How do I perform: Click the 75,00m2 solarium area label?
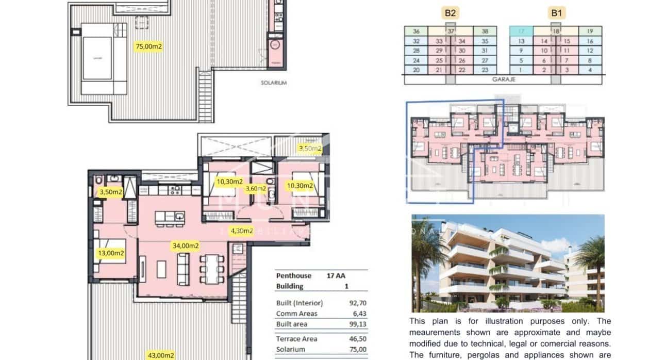(148, 46)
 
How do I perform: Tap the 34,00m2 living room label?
(186, 246)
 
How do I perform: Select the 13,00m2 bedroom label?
(111, 253)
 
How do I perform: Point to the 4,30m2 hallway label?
(241, 231)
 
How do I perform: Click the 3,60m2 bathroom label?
(255, 189)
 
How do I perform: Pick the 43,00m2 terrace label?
(161, 355)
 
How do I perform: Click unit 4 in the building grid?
(590, 70)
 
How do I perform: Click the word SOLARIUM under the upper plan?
(273, 83)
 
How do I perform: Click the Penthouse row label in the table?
(293, 275)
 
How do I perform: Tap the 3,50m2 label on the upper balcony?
(310, 149)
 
